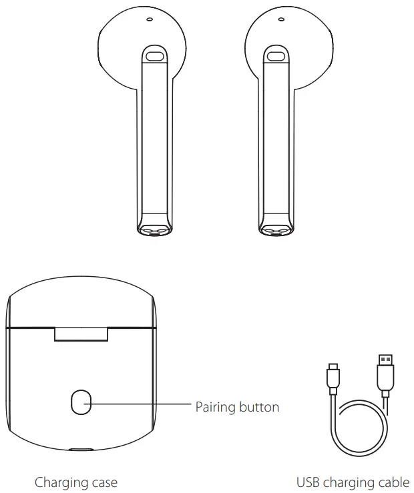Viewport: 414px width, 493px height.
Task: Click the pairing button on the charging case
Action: (x=81, y=404)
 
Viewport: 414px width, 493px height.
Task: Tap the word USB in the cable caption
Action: (x=308, y=482)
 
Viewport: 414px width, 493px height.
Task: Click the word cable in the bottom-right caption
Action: (x=394, y=482)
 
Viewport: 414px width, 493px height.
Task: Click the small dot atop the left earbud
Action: (x=149, y=19)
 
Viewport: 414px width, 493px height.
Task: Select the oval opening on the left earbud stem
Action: (x=156, y=56)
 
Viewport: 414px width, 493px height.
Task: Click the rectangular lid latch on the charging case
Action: (x=81, y=334)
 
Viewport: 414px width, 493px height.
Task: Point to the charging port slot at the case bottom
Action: (x=81, y=450)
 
